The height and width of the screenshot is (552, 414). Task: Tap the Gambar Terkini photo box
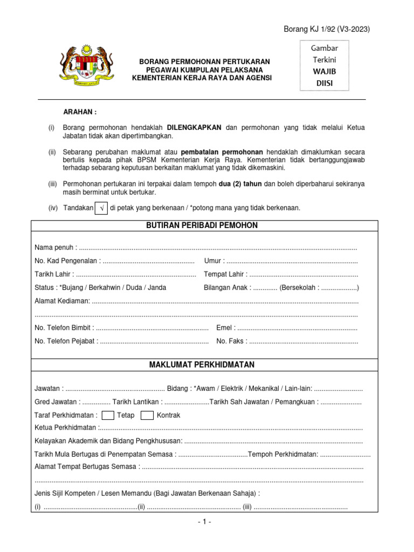click(x=325, y=65)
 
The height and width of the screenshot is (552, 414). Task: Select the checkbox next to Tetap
click(x=107, y=415)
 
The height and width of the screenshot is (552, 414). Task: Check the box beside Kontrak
click(x=147, y=415)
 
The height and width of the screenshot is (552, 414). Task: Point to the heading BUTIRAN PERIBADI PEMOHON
click(x=202, y=225)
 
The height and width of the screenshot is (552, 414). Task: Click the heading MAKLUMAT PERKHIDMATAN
click(x=202, y=365)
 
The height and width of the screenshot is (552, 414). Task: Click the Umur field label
click(x=213, y=261)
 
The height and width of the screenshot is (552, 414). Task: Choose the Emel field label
click(x=225, y=328)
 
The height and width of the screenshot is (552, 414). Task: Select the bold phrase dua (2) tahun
click(x=240, y=184)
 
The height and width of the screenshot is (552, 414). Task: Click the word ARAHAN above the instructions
click(x=80, y=112)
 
